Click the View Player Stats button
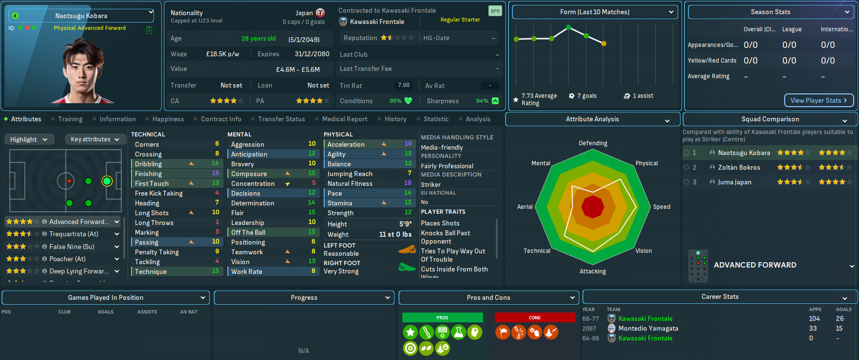point(818,100)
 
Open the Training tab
point(70,119)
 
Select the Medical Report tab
point(344,119)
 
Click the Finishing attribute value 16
point(215,173)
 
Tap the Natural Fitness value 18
point(407,183)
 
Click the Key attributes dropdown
point(95,139)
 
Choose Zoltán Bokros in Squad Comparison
point(739,167)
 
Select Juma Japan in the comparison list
point(734,182)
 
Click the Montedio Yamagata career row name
point(648,328)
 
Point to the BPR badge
point(495,11)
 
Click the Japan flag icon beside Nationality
point(320,13)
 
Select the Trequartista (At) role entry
point(73,234)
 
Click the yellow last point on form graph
point(604,44)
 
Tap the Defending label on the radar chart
point(593,143)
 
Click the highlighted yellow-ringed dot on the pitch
point(107,181)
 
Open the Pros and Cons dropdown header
point(488,297)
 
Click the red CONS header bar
point(534,317)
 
